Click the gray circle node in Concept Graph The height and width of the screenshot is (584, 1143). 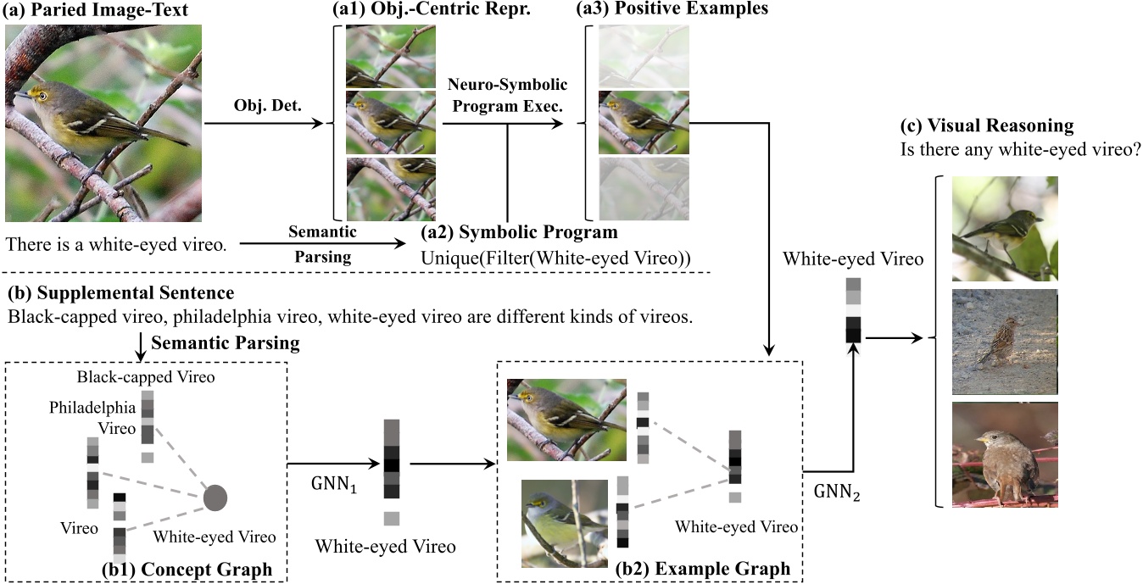[215, 498]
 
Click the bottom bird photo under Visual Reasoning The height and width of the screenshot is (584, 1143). [1004, 454]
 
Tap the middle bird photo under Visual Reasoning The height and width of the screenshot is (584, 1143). [1004, 342]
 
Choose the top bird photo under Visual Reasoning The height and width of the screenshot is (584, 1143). [1004, 229]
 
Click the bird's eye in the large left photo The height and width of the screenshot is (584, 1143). [40, 96]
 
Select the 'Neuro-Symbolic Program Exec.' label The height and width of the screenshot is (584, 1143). [506, 96]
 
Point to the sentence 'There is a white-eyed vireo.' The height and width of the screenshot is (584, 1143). [116, 245]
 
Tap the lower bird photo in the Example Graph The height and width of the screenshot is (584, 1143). [564, 523]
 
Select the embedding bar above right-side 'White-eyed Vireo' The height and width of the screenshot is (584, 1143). [853, 310]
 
